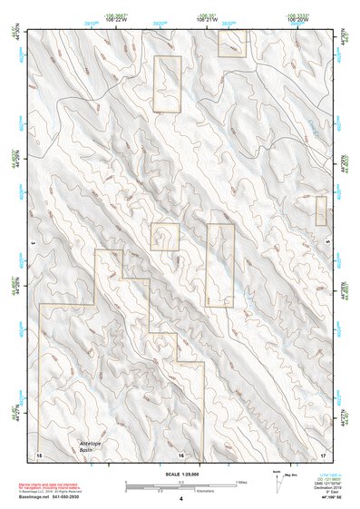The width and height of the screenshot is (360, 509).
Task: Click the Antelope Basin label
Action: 86,447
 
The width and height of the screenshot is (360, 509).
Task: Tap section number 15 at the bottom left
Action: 39,453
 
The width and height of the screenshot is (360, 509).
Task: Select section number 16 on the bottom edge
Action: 181,454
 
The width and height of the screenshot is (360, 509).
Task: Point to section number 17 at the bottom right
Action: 323,453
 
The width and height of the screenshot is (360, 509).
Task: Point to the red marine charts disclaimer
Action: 68,485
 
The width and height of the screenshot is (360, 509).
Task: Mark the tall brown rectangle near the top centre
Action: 167,84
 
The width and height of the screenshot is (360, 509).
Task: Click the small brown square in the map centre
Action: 165,237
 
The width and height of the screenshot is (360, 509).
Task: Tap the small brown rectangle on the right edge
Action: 321,210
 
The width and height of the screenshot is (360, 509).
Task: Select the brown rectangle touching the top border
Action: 232,43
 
